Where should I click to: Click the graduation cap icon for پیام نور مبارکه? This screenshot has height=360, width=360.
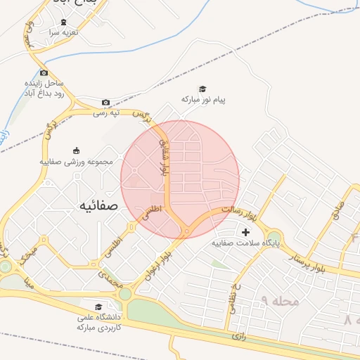pyautogui.click(x=203, y=89)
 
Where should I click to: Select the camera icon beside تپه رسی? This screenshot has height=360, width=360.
pyautogui.click(x=105, y=102)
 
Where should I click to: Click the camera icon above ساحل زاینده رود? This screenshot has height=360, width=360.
pyautogui.click(x=44, y=73)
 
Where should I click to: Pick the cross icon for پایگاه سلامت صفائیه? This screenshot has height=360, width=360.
pyautogui.click(x=245, y=231)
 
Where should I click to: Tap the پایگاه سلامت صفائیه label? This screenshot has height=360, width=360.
pyautogui.click(x=245, y=243)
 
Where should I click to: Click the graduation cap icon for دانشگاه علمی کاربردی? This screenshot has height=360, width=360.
pyautogui.click(x=98, y=307)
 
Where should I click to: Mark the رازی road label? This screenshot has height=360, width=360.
pyautogui.click(x=239, y=335)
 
